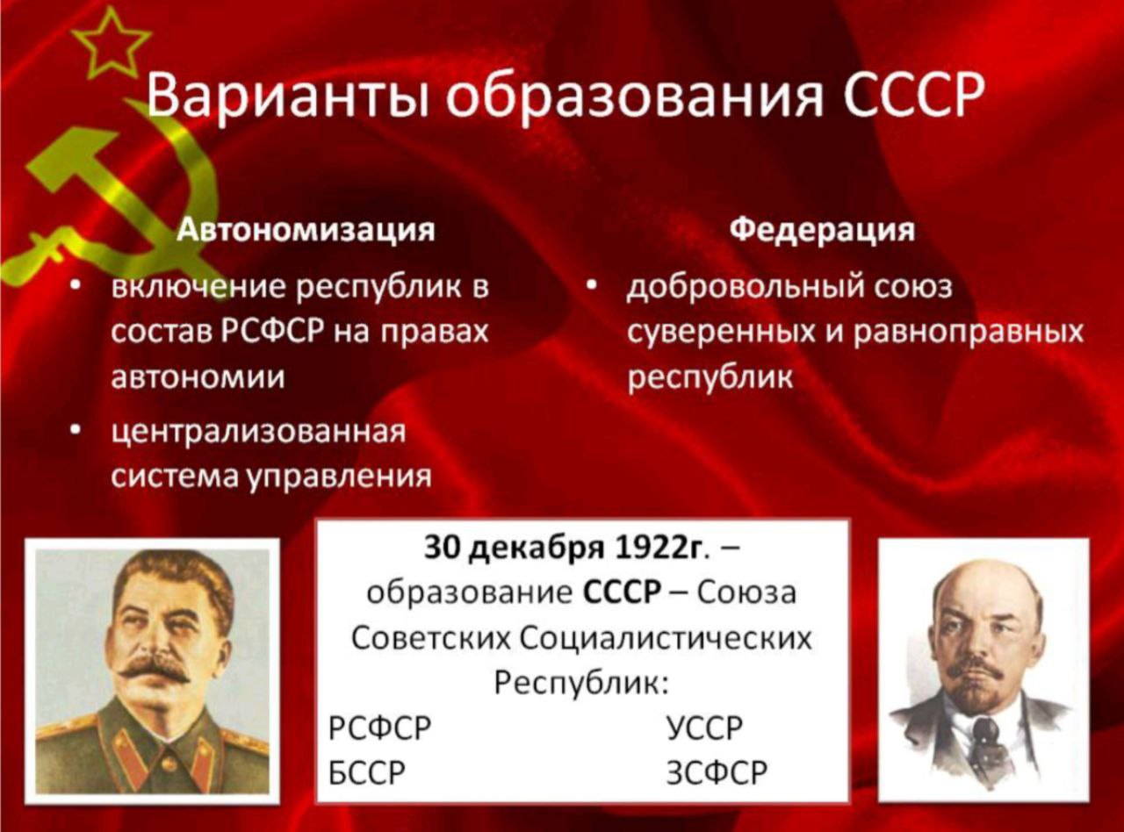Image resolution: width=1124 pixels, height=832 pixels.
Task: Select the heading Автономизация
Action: (306, 231)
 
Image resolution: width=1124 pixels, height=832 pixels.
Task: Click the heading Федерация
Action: (823, 231)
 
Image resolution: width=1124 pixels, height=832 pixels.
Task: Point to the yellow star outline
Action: (111, 46)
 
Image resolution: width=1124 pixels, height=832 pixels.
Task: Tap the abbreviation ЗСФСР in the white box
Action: (717, 772)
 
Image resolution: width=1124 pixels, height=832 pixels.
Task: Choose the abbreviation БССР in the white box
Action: (367, 772)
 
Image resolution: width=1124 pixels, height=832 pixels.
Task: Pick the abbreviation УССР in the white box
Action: (704, 728)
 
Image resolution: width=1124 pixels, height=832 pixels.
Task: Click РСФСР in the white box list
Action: (379, 728)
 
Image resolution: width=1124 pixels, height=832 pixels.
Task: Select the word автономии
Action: (198, 377)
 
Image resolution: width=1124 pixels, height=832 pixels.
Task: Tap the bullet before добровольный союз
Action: (590, 287)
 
